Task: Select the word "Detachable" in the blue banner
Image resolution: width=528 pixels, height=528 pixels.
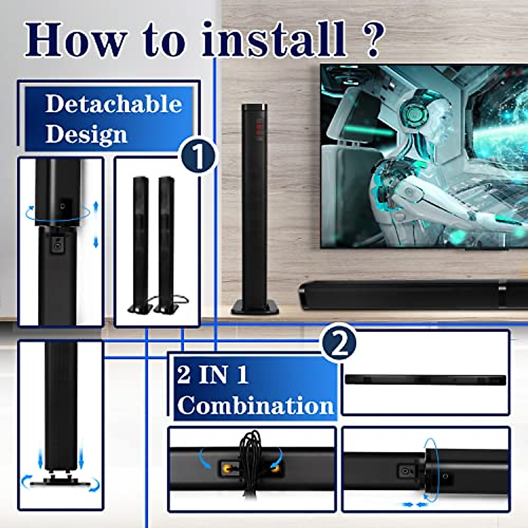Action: (114, 104)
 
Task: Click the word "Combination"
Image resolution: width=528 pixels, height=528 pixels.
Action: (256, 405)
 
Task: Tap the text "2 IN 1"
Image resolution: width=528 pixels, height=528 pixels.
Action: (213, 374)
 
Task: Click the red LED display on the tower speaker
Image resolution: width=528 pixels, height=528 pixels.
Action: (260, 127)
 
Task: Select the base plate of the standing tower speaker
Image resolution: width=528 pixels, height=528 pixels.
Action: (255, 307)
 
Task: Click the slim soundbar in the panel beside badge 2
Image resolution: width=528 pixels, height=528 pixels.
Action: (425, 380)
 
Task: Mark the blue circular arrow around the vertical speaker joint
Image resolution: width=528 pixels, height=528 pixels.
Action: (57, 213)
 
